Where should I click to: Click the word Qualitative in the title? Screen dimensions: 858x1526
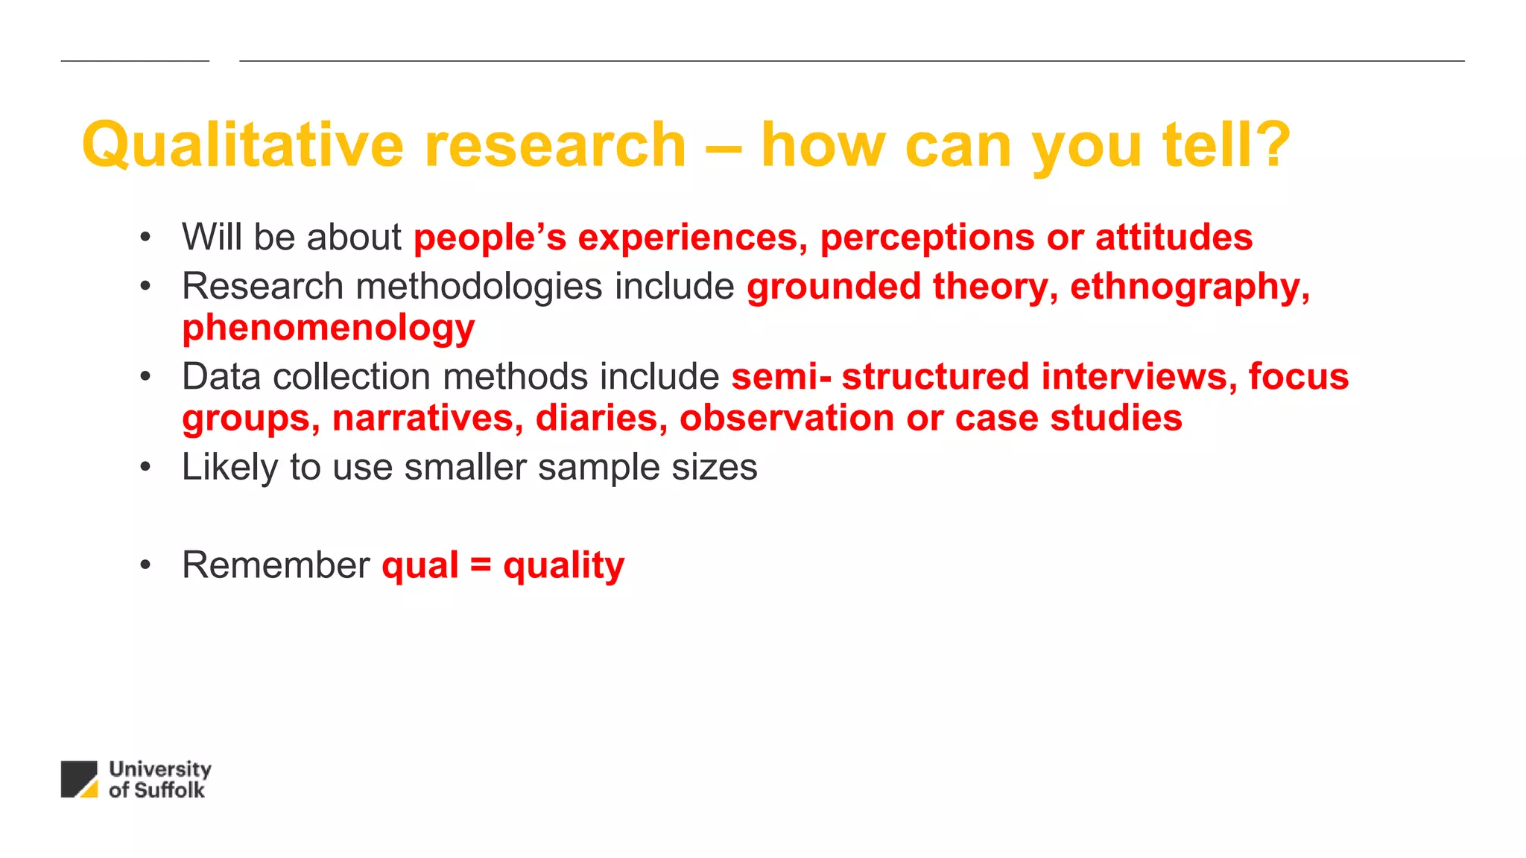click(243, 145)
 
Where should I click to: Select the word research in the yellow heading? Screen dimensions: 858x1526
click(554, 145)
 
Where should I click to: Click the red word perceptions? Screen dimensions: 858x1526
click(927, 238)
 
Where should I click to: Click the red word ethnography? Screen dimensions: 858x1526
click(1185, 287)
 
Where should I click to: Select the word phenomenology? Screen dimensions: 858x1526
click(328, 328)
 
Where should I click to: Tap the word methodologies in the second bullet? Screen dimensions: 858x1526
click(478, 287)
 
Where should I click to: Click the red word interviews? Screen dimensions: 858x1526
click(1133, 377)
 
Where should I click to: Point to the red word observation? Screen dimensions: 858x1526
click(786, 418)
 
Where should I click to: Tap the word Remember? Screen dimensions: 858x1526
click(276, 565)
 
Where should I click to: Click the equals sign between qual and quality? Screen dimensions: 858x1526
click(481, 565)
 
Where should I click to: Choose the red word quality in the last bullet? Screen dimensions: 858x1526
click(563, 567)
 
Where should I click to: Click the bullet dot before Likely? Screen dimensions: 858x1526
click(145, 468)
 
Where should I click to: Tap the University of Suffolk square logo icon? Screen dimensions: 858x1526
click(79, 779)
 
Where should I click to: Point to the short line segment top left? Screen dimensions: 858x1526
click(135, 61)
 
